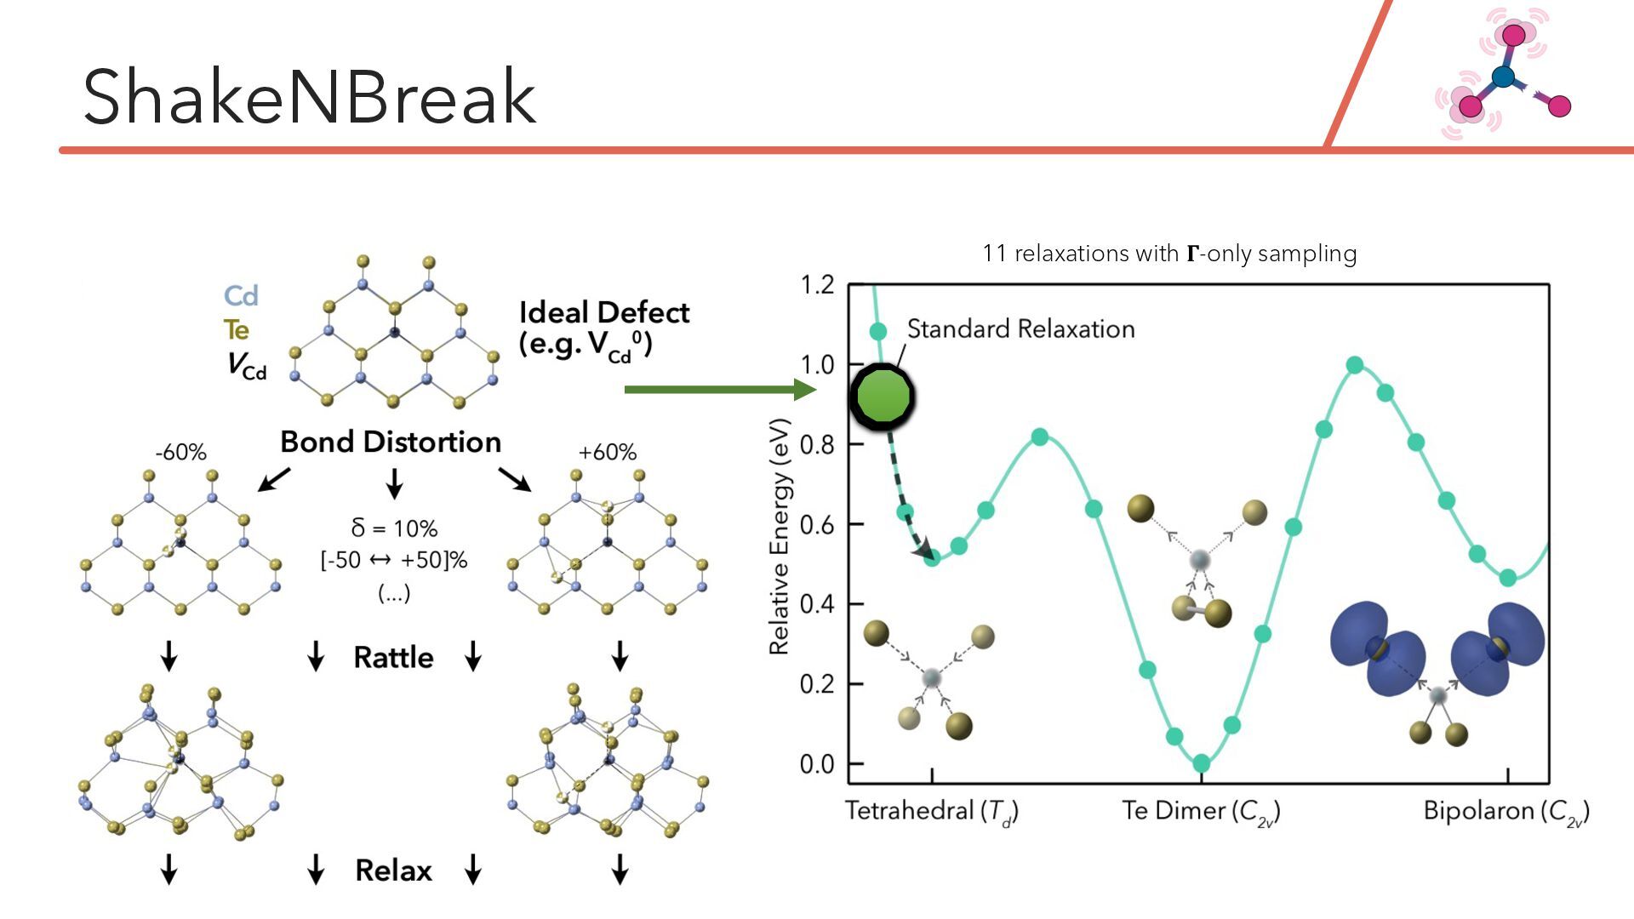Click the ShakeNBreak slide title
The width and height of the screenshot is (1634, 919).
(x=309, y=97)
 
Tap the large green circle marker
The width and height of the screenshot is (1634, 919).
(x=882, y=397)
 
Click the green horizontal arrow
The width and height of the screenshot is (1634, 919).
(x=719, y=390)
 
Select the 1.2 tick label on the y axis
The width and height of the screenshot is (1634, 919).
(x=817, y=285)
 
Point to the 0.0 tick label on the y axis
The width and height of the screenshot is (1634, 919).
(x=817, y=764)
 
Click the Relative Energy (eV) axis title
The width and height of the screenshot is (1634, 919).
(x=780, y=536)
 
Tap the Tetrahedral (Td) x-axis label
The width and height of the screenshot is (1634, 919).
(x=932, y=811)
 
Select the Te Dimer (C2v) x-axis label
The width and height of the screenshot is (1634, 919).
(x=1201, y=811)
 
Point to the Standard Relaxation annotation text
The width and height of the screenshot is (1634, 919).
(x=1020, y=329)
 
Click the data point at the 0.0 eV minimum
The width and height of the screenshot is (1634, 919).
(x=1201, y=763)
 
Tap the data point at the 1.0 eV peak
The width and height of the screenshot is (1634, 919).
(x=1355, y=366)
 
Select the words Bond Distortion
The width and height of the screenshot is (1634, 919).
(x=391, y=442)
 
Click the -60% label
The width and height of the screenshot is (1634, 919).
(x=180, y=453)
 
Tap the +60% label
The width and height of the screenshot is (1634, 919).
(x=607, y=453)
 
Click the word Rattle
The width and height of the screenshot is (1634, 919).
(x=393, y=658)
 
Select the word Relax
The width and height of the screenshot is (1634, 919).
(x=393, y=870)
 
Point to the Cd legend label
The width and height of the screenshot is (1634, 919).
(x=241, y=296)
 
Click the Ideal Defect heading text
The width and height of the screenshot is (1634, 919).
(x=604, y=313)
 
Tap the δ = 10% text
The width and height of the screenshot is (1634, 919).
(x=394, y=528)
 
